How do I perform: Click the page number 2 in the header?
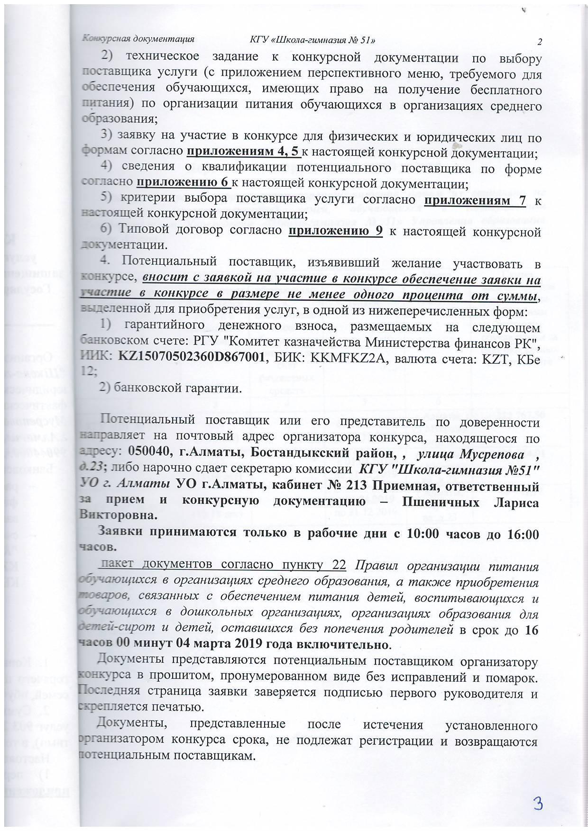[539, 42]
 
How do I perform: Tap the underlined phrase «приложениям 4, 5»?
[244, 152]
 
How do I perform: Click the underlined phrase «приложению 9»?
[335, 232]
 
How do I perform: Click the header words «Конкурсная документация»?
[138, 39]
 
